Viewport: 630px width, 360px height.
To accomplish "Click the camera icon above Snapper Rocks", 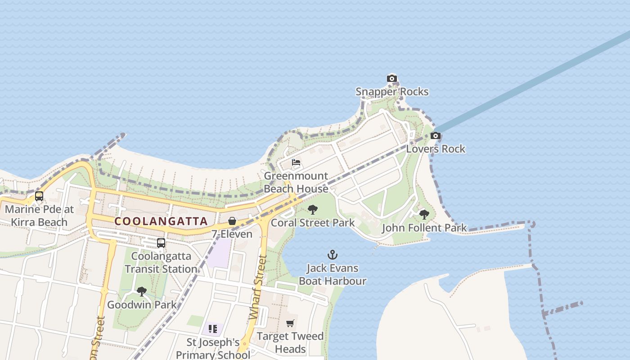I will click(392, 79).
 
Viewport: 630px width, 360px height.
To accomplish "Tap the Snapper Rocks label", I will click(392, 92).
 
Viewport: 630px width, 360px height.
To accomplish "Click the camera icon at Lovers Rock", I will click(435, 136).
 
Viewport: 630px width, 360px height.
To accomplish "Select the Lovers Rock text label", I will click(436, 149).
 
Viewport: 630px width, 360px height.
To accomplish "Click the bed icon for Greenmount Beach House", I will click(296, 162).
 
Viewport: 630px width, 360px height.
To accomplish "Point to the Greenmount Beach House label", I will click(296, 182).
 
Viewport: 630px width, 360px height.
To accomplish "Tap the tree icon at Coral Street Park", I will click(313, 210).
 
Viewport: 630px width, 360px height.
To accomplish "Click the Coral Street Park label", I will click(313, 223).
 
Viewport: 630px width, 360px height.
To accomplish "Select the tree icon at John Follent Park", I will click(424, 215).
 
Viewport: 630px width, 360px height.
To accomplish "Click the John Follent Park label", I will click(424, 228).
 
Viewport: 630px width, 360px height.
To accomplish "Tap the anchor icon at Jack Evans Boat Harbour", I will click(333, 255).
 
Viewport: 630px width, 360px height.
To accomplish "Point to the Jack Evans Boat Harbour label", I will click(333, 274).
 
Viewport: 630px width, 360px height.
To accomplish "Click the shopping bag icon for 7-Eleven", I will click(232, 221).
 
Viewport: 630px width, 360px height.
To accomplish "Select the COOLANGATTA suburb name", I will click(161, 221).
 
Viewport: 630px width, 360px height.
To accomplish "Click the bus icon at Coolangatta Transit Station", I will click(161, 243).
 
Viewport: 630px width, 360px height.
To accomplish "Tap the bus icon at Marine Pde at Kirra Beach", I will click(39, 196).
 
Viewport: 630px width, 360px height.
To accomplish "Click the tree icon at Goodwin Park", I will click(142, 292).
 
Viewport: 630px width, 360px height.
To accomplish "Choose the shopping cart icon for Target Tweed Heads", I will click(290, 323).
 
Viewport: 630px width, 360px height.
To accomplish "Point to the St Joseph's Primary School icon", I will click(213, 329).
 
